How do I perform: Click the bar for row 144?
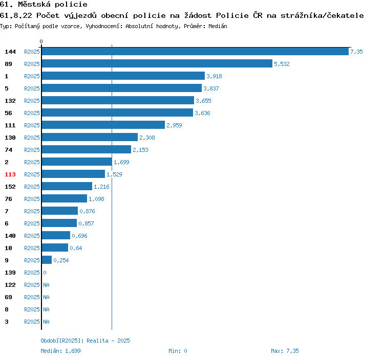pyautogui.click(x=195, y=51)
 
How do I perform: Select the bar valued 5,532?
pyautogui.click(x=157, y=63)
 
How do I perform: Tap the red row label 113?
pyautogui.click(x=10, y=174)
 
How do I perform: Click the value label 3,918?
pyautogui.click(x=214, y=76)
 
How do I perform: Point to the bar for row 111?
pyautogui.click(x=103, y=125)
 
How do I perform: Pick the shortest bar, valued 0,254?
pyautogui.click(x=47, y=260)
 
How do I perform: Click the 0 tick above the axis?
pyautogui.click(x=41, y=41)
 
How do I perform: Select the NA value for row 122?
pyautogui.click(x=46, y=285)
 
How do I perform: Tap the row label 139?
pyautogui.click(x=10, y=273)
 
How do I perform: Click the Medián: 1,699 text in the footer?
pyautogui.click(x=60, y=351)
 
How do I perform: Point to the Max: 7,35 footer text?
pyautogui.click(x=285, y=351)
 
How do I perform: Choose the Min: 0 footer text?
pyautogui.click(x=178, y=351)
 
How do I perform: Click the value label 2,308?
pyautogui.click(x=147, y=138)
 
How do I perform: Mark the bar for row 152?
pyautogui.click(x=67, y=186)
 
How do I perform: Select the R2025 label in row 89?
pyautogui.click(x=32, y=64)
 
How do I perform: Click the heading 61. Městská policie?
pyautogui.click(x=44, y=5)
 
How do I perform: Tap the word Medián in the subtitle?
pyautogui.click(x=218, y=26)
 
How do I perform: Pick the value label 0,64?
pyautogui.click(x=76, y=248)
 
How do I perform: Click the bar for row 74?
pyautogui.click(x=87, y=149)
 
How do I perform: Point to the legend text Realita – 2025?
pyautogui.click(x=108, y=341)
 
